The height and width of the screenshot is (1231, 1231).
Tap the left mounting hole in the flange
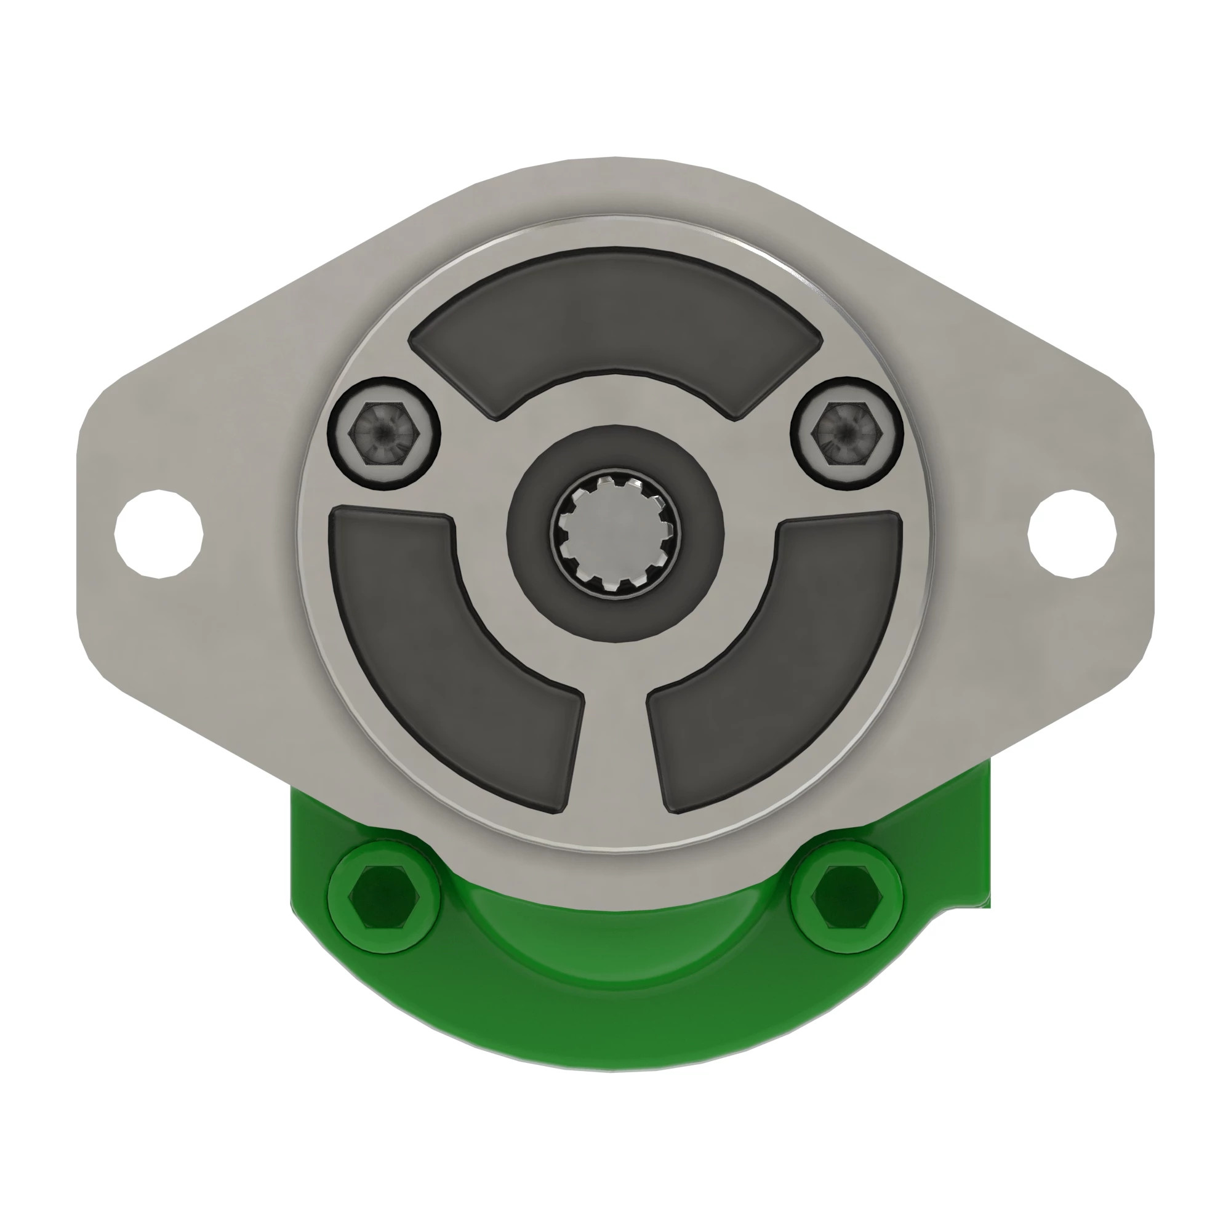point(159,533)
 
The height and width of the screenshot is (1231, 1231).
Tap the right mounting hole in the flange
point(1072,533)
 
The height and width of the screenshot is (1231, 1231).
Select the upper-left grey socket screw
point(384,434)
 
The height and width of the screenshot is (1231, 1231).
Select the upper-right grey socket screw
point(847,434)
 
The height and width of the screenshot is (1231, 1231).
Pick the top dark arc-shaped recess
point(615,319)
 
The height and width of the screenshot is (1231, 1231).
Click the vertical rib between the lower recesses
point(615,752)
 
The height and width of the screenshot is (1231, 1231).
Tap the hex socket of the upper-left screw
point(381,434)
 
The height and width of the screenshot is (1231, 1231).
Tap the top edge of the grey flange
point(615,160)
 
